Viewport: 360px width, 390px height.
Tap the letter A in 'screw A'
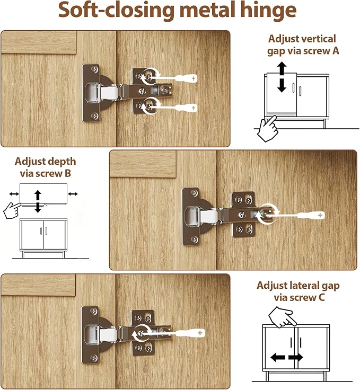[x=336, y=51]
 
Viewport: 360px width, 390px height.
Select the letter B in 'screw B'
[x=68, y=173]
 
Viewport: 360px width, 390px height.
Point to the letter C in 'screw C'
[x=321, y=297]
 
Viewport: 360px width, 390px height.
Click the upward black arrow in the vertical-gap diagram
[x=282, y=68]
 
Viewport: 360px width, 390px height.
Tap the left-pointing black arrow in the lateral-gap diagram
[x=278, y=358]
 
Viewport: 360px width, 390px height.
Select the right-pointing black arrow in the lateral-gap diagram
[x=296, y=358]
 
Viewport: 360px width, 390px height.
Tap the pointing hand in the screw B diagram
[x=12, y=211]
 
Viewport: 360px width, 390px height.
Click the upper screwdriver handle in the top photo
[x=186, y=78]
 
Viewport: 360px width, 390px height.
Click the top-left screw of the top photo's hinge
[x=94, y=69]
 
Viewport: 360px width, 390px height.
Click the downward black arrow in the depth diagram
[x=38, y=207]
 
